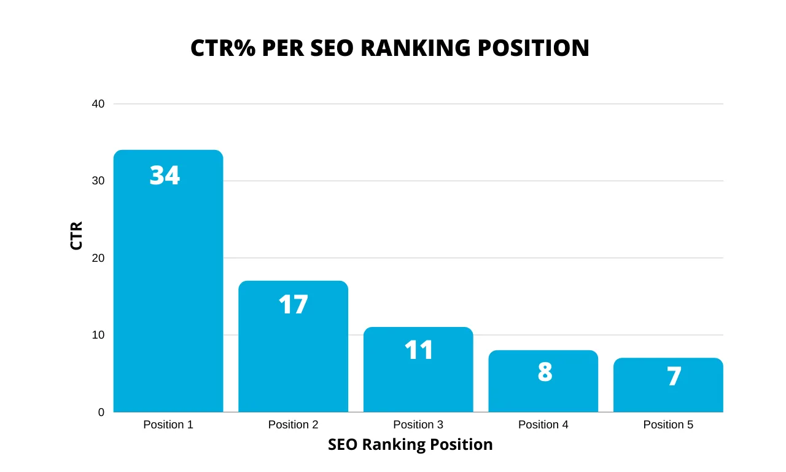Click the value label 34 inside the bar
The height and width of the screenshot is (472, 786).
coord(165,176)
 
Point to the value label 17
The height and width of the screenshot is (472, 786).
coord(293,305)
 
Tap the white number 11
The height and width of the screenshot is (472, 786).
coord(419,350)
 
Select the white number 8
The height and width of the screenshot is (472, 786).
coord(545,372)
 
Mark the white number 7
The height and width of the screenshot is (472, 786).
coord(674,377)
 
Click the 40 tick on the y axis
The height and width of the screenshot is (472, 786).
coord(98,104)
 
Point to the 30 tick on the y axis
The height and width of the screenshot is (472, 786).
coord(98,181)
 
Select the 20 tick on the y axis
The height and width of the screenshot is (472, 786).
coord(98,258)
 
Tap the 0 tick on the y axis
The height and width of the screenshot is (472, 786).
coord(101,412)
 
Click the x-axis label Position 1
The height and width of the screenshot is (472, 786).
coord(168,425)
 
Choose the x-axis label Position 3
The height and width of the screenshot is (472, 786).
coord(418,425)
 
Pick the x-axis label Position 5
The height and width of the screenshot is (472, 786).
coord(668,425)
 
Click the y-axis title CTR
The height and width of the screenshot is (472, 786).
coord(76,235)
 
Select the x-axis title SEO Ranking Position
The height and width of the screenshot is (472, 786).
coord(410,444)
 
